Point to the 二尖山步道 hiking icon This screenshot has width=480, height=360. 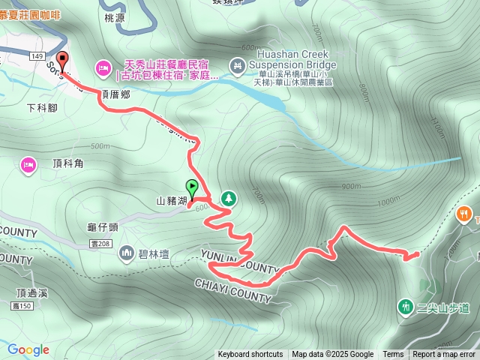click(x=406, y=306)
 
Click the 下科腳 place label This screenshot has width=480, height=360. click(x=42, y=107)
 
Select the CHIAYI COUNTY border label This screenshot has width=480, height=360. click(x=232, y=291)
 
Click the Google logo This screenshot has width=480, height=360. click(x=28, y=349)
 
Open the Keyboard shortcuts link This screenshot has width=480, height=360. click(x=250, y=355)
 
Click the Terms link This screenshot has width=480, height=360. click(x=393, y=355)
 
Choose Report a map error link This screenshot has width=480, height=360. click(x=444, y=355)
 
